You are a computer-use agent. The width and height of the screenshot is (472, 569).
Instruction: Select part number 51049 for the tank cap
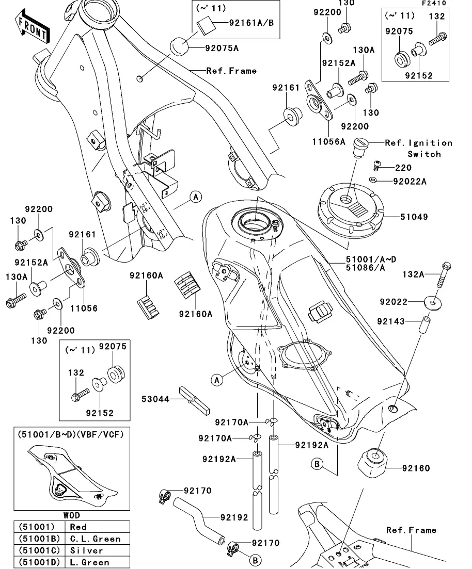[x=415, y=217]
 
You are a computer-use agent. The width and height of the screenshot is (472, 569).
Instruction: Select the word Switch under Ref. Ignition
[x=424, y=154]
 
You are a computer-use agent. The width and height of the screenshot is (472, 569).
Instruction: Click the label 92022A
[x=410, y=181]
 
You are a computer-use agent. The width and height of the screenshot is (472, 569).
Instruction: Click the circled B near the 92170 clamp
[x=256, y=560]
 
